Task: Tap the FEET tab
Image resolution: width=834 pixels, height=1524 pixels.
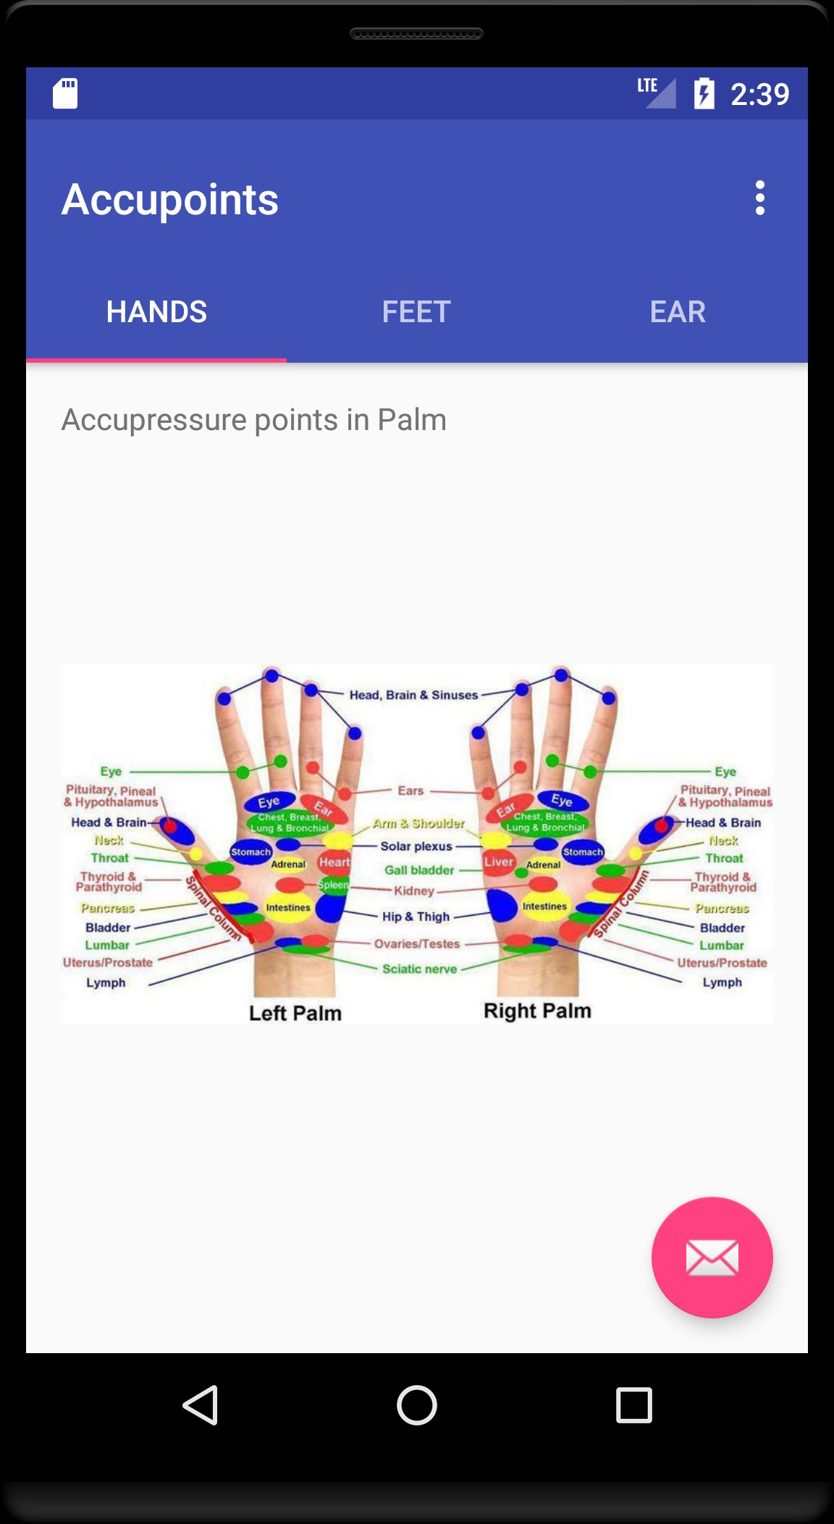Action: (416, 312)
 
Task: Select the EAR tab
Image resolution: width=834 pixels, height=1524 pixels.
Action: (677, 312)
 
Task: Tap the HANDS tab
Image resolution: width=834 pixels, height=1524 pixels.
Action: (156, 312)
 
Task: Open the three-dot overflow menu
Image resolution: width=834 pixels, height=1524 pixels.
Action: (759, 198)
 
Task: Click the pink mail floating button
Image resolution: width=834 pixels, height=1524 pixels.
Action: (712, 1258)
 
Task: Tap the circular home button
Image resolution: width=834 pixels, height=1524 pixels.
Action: (417, 1405)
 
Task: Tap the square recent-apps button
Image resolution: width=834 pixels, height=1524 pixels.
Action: (633, 1405)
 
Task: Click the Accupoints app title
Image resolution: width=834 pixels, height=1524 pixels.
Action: (170, 200)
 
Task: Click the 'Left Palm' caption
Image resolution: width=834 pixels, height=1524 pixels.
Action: (295, 1013)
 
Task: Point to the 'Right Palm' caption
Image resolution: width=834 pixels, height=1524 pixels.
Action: (537, 1011)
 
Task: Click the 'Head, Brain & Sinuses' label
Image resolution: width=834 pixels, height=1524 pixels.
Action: (413, 695)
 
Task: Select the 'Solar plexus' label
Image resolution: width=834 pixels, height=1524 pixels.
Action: (416, 846)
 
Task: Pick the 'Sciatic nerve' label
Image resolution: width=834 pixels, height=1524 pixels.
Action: (419, 969)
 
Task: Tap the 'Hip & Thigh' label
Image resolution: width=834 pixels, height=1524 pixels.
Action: (416, 917)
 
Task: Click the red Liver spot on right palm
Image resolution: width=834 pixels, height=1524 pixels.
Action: (498, 862)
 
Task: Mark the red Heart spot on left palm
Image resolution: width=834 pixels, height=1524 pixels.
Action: (334, 862)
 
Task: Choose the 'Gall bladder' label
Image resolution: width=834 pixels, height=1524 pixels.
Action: (419, 870)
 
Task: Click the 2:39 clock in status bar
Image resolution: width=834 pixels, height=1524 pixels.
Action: (759, 94)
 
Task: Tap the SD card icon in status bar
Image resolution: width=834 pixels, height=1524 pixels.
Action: (65, 93)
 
